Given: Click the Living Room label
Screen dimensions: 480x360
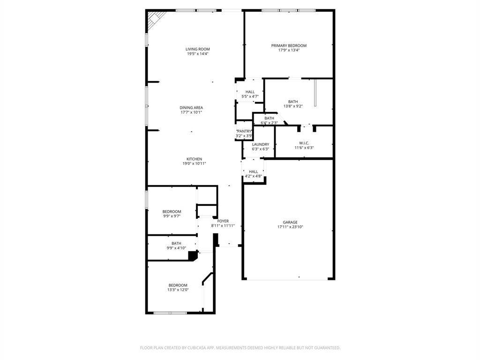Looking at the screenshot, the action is (198, 49).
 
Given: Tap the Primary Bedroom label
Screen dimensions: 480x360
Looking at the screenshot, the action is (289, 45).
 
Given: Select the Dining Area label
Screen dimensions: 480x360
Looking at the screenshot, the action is (191, 108).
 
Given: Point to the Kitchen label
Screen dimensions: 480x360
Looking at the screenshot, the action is (195, 159).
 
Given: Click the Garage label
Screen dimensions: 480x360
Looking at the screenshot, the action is (290, 222).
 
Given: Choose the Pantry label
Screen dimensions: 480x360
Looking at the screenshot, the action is (244, 131).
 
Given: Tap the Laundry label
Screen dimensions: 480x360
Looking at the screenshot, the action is (261, 144).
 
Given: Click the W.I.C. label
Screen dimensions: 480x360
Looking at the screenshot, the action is (304, 143).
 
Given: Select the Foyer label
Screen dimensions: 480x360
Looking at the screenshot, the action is (223, 221).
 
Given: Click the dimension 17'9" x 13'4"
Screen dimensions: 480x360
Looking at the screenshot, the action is (289, 50).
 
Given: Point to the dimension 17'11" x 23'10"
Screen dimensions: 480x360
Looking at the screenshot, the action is (290, 227).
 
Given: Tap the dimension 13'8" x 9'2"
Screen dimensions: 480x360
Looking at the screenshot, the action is (293, 106).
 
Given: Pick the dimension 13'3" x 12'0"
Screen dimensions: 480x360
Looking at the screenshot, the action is (178, 290).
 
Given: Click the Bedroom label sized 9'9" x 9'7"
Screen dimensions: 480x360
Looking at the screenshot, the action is (172, 211).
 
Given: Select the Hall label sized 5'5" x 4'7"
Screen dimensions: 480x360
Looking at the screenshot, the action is (250, 92).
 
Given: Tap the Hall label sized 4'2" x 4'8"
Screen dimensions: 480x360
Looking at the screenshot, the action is (254, 172).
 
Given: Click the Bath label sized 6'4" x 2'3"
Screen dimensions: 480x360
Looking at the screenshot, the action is (270, 118).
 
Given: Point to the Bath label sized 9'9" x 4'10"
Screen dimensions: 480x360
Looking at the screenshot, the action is (176, 243).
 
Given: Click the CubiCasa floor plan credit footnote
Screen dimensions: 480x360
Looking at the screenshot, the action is (240, 348).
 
